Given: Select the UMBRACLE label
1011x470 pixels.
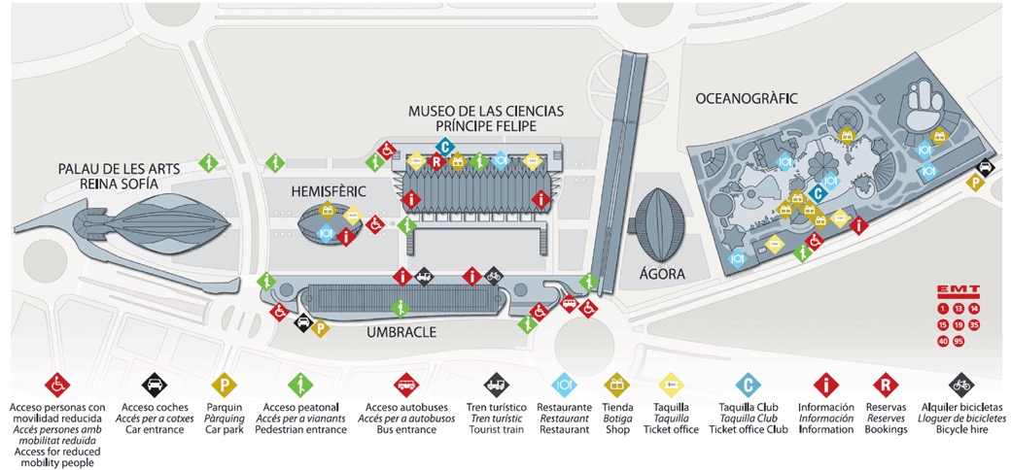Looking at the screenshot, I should [x=401, y=331].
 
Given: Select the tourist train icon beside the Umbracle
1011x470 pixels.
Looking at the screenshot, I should [x=424, y=277].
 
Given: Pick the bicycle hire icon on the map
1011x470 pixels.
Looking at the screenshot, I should [x=494, y=276].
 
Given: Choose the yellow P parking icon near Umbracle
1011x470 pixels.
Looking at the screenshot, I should [x=321, y=328].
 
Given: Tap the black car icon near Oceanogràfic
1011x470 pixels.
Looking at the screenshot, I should [x=984, y=168].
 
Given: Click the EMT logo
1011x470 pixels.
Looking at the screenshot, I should [x=958, y=290].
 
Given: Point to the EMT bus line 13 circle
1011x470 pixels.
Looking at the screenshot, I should [x=959, y=308].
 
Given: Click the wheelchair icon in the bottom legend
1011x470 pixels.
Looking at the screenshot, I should [x=57, y=383].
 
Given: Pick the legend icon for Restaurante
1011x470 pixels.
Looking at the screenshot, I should [x=565, y=383].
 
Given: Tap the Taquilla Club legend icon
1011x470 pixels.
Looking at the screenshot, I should [x=748, y=383].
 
